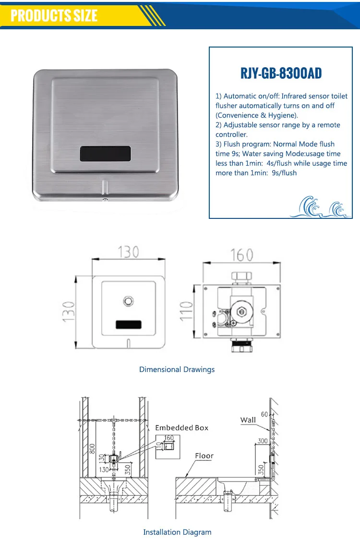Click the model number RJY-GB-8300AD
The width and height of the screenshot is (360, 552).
tap(281, 73)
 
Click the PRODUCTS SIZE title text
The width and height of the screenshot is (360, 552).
tap(54, 15)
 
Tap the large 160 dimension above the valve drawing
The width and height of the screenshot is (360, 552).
tap(241, 255)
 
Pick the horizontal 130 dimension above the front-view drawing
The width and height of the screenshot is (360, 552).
tap(128, 252)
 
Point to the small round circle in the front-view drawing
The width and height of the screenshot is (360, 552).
tap(128, 301)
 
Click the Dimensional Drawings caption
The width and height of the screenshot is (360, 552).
tap(177, 370)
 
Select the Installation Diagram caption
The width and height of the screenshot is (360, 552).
tap(177, 532)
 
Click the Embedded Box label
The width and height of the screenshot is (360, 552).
tap(181, 428)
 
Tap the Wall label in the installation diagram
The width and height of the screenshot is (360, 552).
tap(248, 420)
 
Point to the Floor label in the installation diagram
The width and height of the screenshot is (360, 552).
tap(204, 456)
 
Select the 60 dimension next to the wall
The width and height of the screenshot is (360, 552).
tap(264, 414)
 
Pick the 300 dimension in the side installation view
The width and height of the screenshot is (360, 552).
tap(262, 441)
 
